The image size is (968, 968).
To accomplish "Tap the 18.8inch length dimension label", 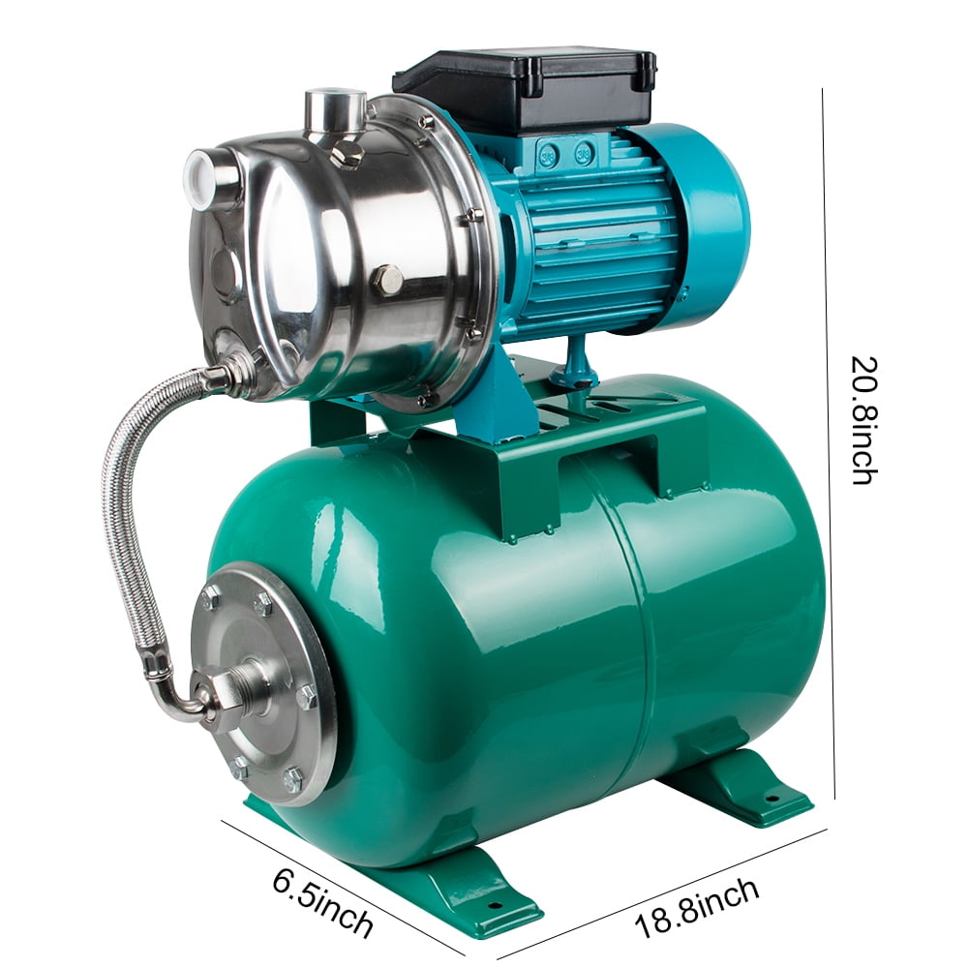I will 697,908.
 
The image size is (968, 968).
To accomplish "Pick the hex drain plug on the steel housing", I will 386,281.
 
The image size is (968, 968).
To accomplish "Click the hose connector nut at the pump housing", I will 232,373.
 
